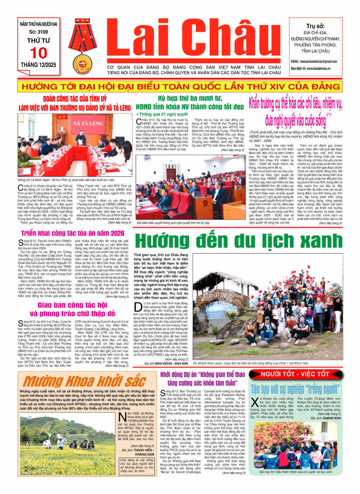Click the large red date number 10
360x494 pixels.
point(39,53)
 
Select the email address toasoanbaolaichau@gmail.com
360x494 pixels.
point(319,61)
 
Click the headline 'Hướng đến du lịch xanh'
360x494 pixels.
point(238,241)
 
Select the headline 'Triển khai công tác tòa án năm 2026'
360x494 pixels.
point(73,233)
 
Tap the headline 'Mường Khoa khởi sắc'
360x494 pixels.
point(84,381)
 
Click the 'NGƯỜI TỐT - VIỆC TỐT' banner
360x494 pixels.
point(295,374)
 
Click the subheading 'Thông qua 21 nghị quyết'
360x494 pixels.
point(162,114)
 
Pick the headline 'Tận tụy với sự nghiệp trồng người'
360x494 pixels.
point(295,389)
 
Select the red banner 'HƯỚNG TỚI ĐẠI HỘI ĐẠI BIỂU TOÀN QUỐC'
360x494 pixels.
point(180,87)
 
